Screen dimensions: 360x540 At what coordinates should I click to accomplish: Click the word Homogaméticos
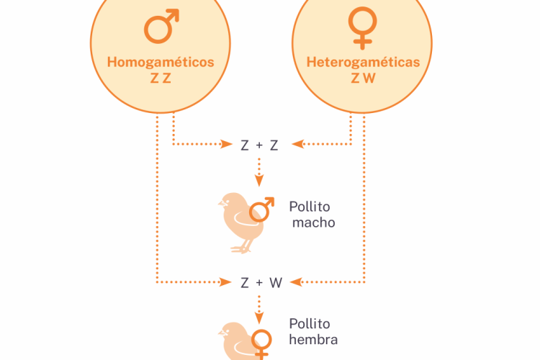(161, 62)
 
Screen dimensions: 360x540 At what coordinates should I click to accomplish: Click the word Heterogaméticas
(363, 62)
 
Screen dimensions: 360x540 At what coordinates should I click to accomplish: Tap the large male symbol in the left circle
(161, 28)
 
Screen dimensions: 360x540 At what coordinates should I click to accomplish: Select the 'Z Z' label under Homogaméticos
(161, 78)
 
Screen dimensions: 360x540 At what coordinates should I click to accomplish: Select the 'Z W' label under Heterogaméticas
(363, 78)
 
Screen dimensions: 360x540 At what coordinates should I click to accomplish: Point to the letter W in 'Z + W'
(276, 283)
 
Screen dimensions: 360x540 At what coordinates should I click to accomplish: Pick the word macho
(314, 222)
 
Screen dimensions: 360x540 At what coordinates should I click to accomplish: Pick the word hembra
(313, 339)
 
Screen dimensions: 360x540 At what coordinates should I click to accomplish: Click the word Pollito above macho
(310, 206)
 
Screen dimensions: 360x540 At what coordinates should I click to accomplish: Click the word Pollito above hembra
(310, 324)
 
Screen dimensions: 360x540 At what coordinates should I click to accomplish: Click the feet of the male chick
(240, 248)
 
